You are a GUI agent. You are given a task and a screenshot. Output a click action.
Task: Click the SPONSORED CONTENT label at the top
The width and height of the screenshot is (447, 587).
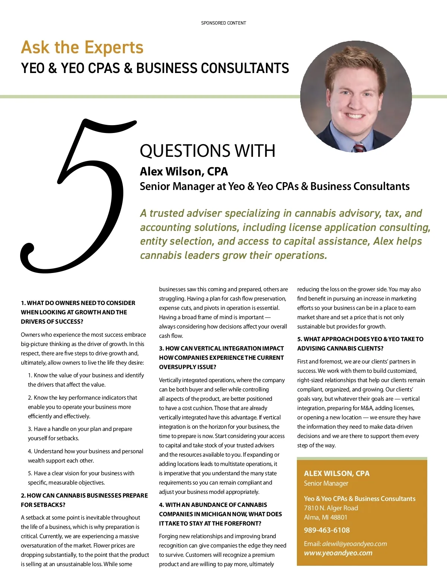tap(223, 23)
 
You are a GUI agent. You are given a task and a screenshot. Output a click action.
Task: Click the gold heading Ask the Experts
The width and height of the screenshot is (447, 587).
tap(82, 48)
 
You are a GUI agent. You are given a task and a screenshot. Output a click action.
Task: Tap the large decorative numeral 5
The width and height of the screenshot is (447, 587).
tap(78, 197)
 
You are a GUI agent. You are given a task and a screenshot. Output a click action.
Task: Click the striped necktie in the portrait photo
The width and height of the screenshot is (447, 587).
tap(358, 147)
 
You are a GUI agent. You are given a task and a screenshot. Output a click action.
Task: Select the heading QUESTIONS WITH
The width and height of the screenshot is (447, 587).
tap(207, 151)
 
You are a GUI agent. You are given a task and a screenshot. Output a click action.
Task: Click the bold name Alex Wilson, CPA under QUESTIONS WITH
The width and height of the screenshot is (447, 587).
tap(184, 172)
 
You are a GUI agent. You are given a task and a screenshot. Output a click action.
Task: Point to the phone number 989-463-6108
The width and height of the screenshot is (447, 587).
tap(327, 530)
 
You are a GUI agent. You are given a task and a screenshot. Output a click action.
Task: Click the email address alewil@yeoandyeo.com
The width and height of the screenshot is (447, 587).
tap(354, 544)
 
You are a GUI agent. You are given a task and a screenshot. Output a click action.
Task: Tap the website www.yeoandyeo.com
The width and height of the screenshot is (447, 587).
tap(338, 553)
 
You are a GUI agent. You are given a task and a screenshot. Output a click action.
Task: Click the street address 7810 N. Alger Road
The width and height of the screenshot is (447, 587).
tap(331, 508)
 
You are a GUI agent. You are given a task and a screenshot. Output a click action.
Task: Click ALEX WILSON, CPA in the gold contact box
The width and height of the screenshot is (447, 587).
tap(336, 473)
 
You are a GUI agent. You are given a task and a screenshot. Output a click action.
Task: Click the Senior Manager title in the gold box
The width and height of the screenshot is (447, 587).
tap(326, 483)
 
